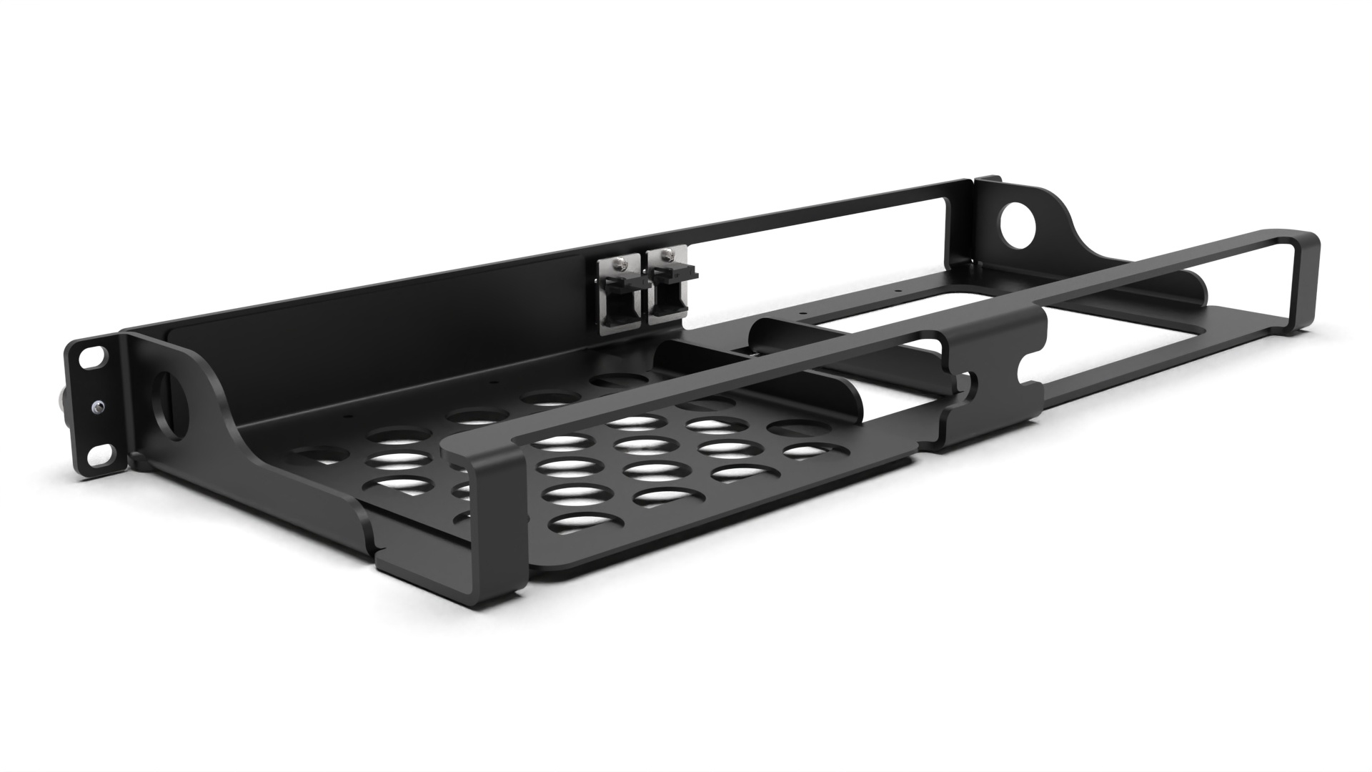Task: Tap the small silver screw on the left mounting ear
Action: coord(96,407)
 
